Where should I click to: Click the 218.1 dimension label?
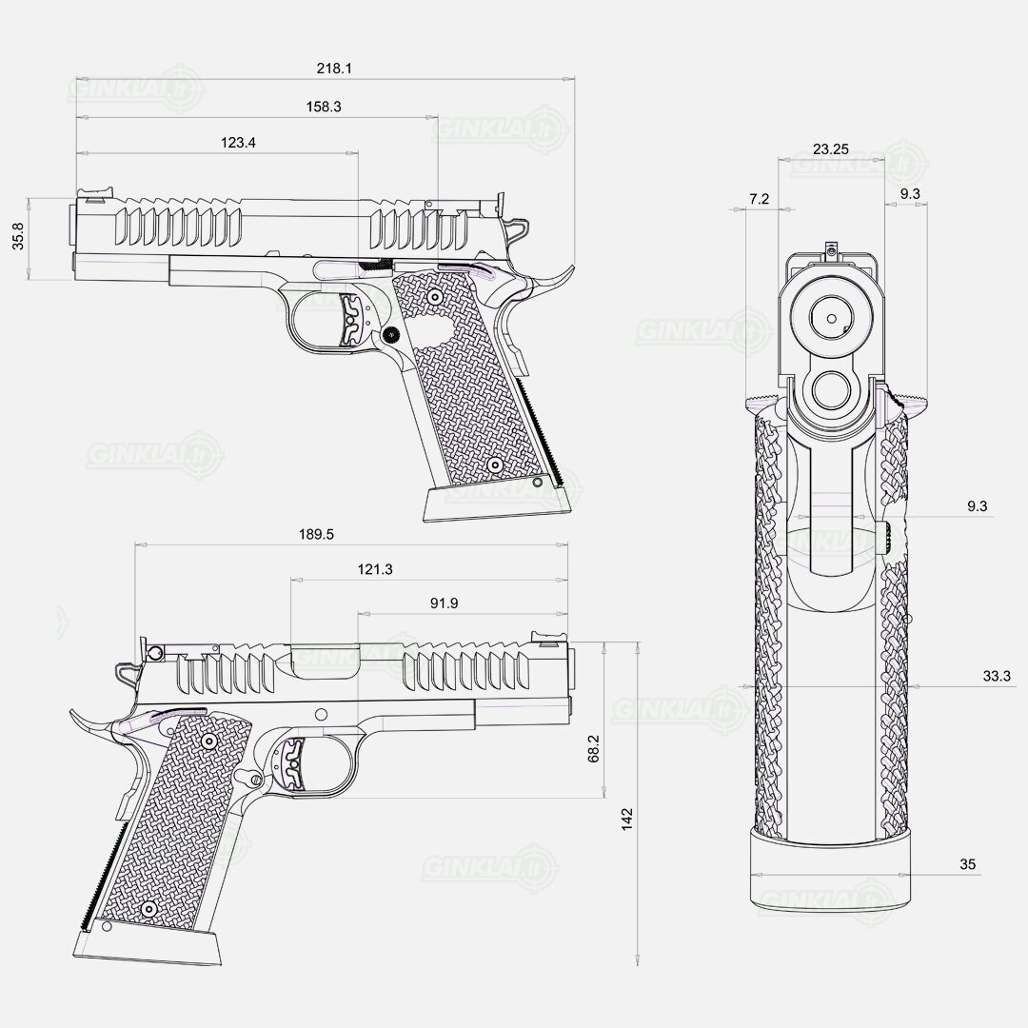[x=334, y=69]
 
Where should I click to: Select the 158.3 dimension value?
[x=324, y=107]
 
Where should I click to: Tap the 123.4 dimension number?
[x=238, y=142]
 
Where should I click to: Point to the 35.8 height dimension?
[x=18, y=236]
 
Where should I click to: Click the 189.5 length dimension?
[x=317, y=534]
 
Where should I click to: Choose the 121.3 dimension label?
[x=375, y=569]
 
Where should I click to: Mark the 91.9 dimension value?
[x=444, y=603]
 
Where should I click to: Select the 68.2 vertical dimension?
[x=593, y=748]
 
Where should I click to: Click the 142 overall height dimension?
[x=627, y=820]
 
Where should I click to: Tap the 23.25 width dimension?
[x=831, y=148]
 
